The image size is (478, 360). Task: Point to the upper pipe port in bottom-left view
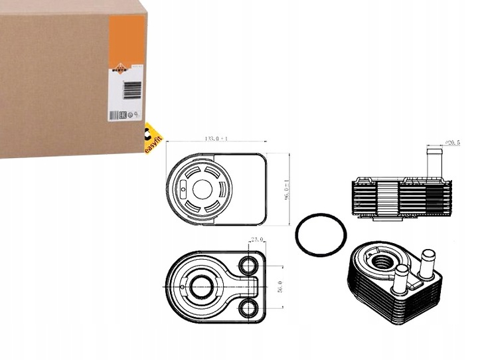coord(250,266)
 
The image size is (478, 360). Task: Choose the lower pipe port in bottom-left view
coord(250,306)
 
